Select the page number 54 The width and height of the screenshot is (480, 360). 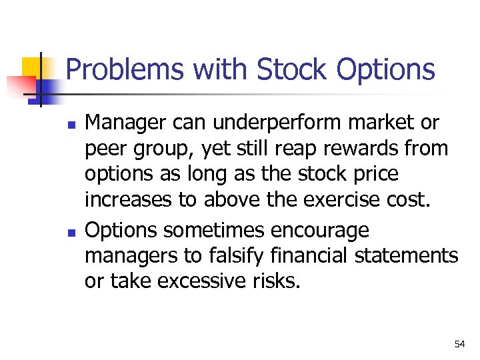point(459,344)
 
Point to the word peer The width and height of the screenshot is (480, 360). point(105,149)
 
